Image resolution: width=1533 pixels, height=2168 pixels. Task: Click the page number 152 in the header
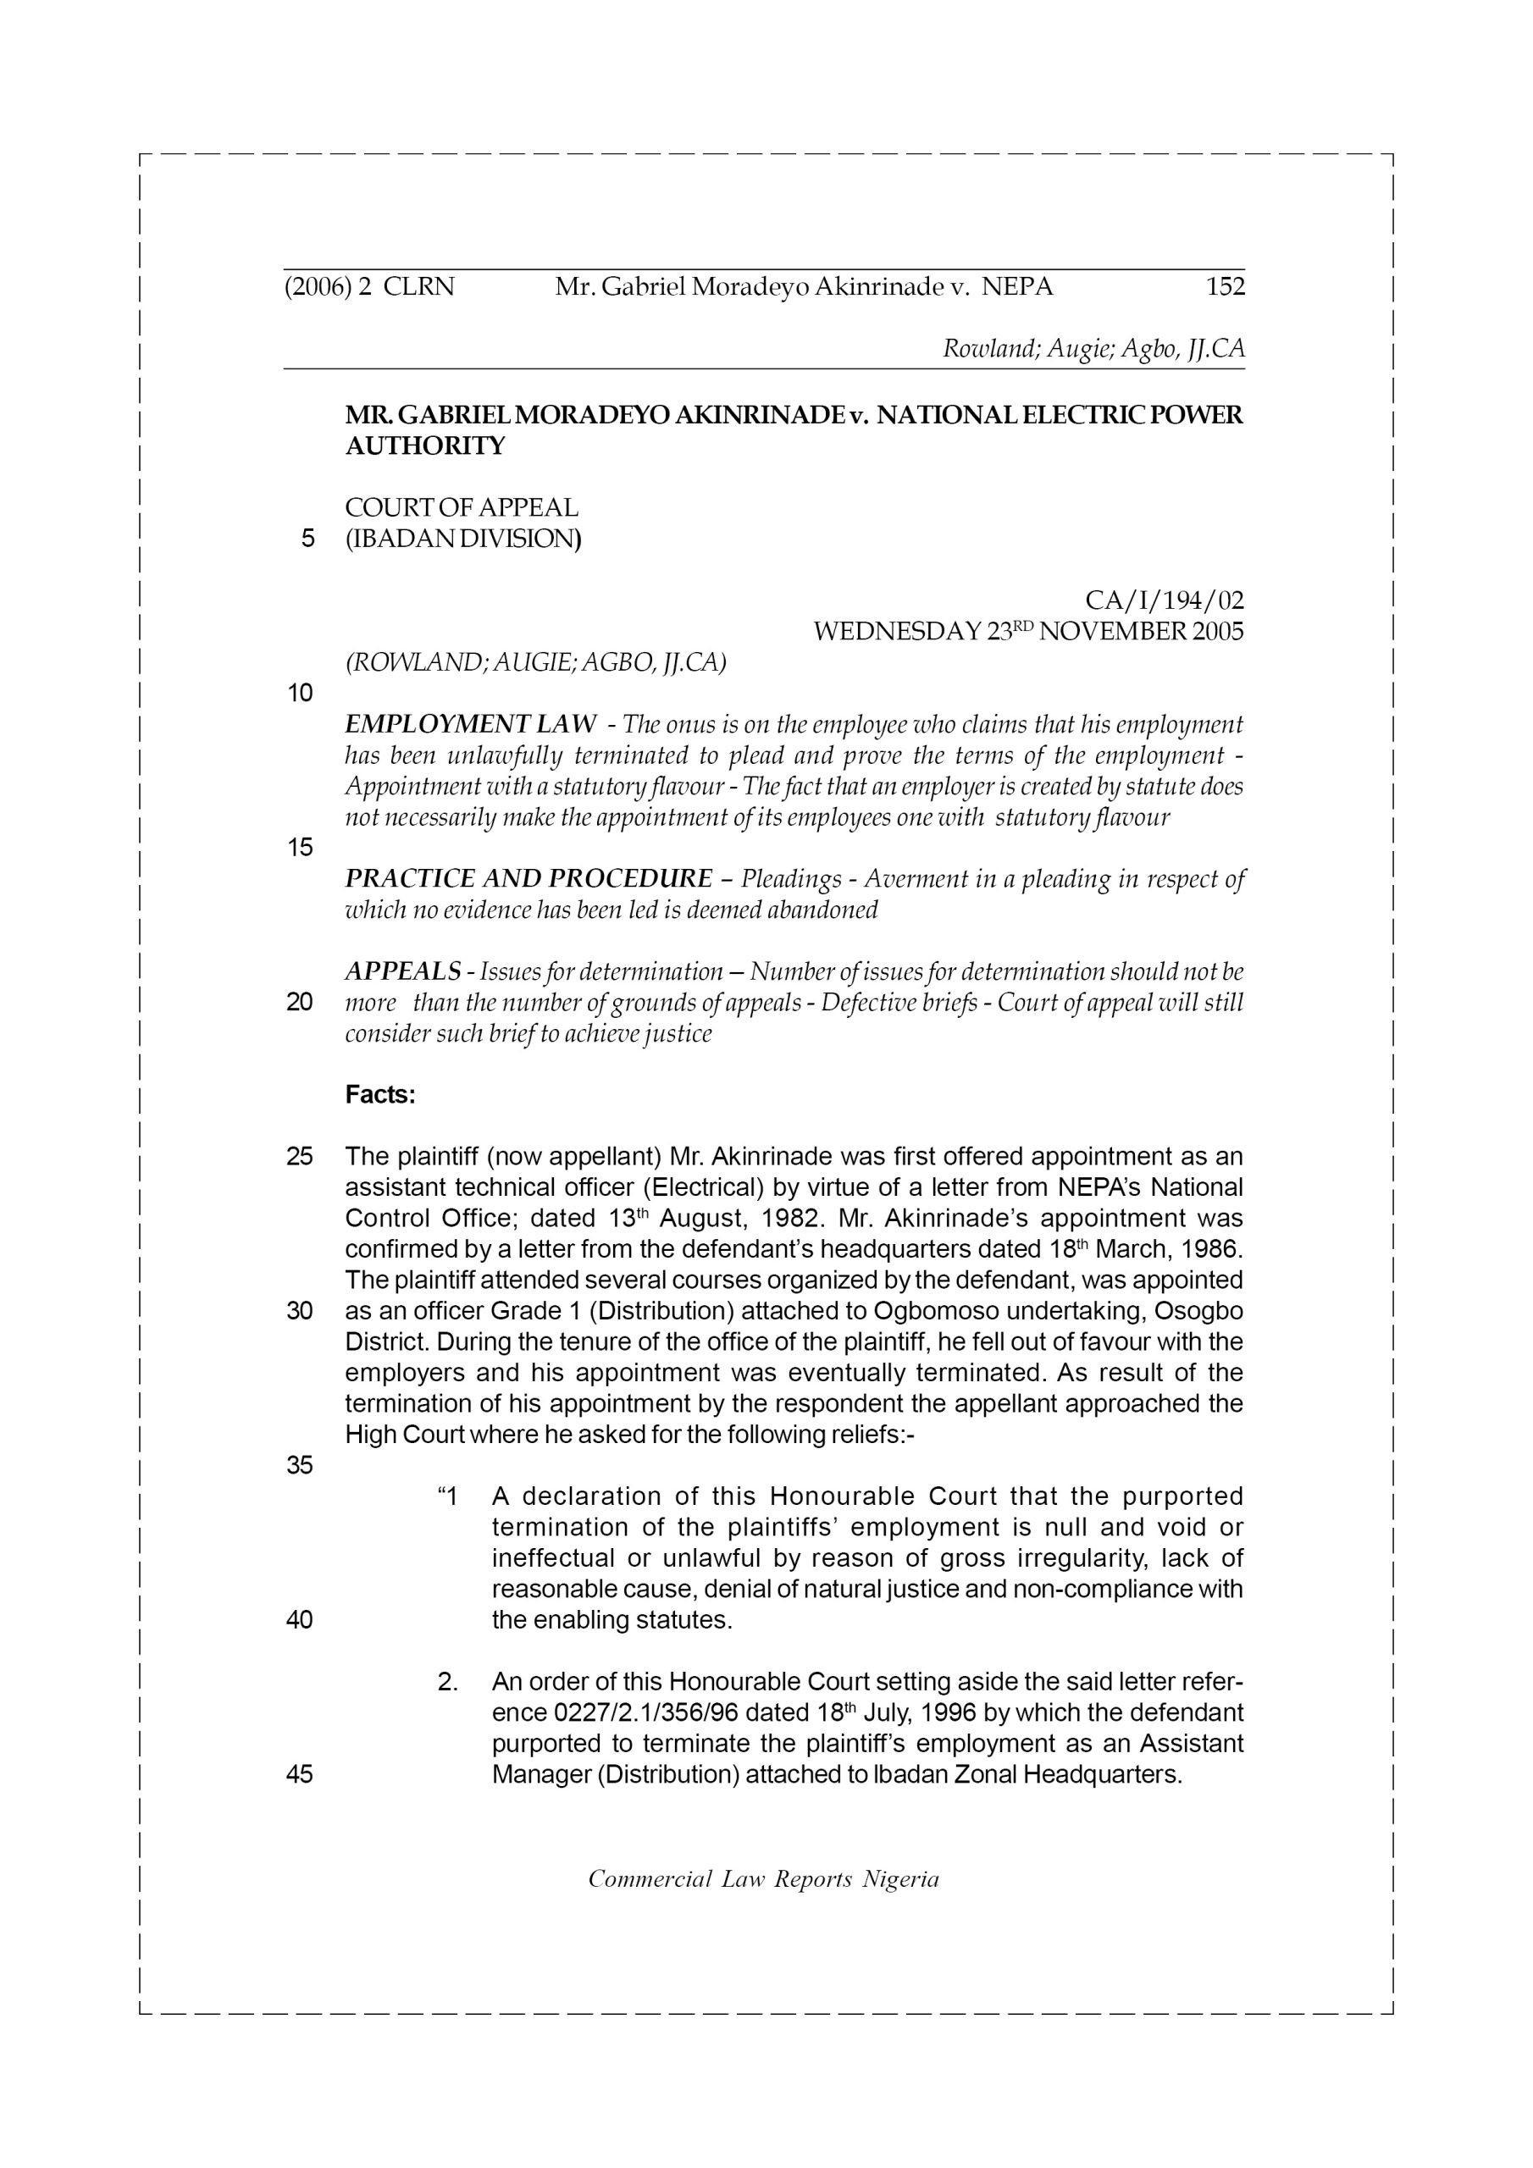pos(1225,286)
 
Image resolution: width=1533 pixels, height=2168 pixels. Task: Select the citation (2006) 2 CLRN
pos(369,286)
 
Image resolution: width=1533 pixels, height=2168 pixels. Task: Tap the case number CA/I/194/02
pos(1164,600)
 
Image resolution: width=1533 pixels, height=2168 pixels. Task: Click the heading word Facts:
pos(380,1094)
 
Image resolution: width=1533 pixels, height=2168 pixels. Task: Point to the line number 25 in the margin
pos(300,1157)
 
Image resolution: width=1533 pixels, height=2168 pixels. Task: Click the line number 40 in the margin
pos(300,1620)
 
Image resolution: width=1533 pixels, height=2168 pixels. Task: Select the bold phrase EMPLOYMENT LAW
pos(470,724)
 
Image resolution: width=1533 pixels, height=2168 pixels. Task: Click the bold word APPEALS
pos(403,971)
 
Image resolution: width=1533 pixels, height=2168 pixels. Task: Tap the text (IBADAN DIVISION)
pos(462,539)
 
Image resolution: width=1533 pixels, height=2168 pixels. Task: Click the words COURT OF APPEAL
pos(462,507)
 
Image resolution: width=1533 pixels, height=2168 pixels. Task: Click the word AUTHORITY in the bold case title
pos(425,445)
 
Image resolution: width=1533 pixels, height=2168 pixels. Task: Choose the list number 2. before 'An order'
pos(448,1682)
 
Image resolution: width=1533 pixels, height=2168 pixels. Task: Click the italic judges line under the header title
pos(1093,348)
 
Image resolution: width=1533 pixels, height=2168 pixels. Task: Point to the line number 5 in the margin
pos(307,539)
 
